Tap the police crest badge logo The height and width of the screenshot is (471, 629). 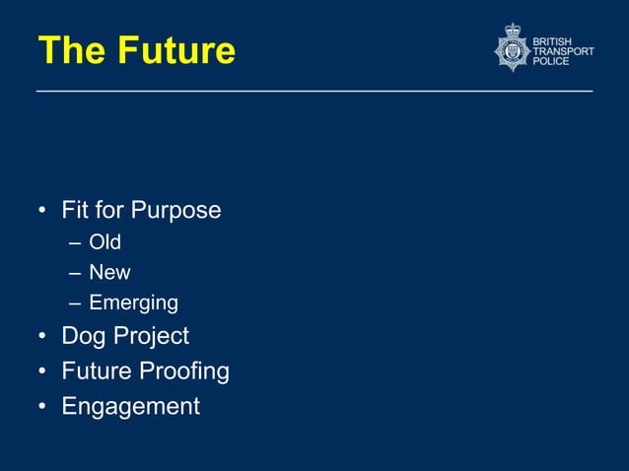[x=512, y=48]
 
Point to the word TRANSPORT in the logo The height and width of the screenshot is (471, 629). [x=564, y=50]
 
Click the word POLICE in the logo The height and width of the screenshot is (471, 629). [x=551, y=61]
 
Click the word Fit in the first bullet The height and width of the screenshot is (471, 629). [x=75, y=210]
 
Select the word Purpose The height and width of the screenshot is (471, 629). [x=177, y=211]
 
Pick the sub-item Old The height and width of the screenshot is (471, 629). [x=105, y=241]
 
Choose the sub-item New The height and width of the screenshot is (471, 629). [x=109, y=272]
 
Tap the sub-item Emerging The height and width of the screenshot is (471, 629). [x=133, y=303]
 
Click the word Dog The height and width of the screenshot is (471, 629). [x=82, y=336]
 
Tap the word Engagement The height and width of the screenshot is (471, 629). [x=130, y=406]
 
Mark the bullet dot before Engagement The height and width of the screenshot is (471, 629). [x=42, y=407]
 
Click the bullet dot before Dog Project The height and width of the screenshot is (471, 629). [x=42, y=337]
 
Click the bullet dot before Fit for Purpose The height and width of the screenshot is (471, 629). [x=42, y=211]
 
